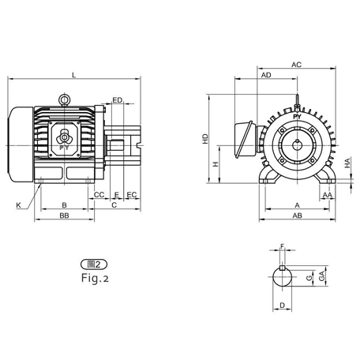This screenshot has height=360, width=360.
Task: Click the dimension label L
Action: click(73, 75)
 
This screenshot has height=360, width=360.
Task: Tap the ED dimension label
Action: click(117, 100)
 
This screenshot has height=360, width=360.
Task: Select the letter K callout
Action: click(17, 204)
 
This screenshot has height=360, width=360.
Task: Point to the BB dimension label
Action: click(63, 215)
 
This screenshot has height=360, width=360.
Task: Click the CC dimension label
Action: click(99, 194)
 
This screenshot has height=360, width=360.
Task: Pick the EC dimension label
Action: click(132, 194)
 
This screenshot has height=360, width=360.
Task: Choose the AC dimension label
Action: click(296, 64)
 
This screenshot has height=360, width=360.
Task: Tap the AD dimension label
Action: click(267, 75)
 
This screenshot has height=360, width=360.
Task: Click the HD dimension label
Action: click(205, 138)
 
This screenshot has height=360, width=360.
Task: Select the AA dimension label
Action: click(326, 194)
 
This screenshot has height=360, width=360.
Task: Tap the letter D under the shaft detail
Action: click(282, 305)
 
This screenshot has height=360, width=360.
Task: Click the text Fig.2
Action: click(95, 278)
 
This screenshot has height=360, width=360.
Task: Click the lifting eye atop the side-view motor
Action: click(64, 99)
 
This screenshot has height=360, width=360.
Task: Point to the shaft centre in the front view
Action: click(297, 145)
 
